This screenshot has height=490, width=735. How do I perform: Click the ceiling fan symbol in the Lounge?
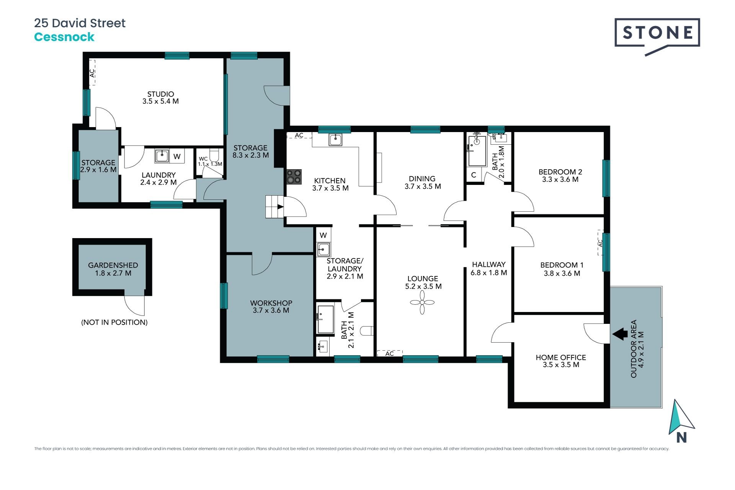point(422,302)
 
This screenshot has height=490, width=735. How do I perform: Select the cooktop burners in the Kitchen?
point(294,177)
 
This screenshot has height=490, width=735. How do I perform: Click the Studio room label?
point(160,94)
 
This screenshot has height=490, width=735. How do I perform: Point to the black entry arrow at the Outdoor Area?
point(620,334)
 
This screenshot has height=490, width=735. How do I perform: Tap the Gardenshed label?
point(113,265)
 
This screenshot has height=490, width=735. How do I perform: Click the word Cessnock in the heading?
point(64,37)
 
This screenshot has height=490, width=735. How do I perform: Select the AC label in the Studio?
point(92,73)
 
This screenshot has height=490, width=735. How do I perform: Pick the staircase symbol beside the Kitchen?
point(274,206)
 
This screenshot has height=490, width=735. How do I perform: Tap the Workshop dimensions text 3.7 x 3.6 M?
point(271,310)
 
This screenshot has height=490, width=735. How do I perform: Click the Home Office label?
point(560,358)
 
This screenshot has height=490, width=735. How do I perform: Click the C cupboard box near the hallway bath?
point(474,175)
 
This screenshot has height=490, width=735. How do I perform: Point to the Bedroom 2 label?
point(560,172)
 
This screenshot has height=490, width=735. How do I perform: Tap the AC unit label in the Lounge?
point(389,353)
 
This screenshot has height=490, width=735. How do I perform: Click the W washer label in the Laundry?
point(177,156)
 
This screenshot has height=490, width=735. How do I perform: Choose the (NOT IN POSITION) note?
point(114,322)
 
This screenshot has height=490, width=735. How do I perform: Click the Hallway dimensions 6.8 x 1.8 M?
point(488,273)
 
